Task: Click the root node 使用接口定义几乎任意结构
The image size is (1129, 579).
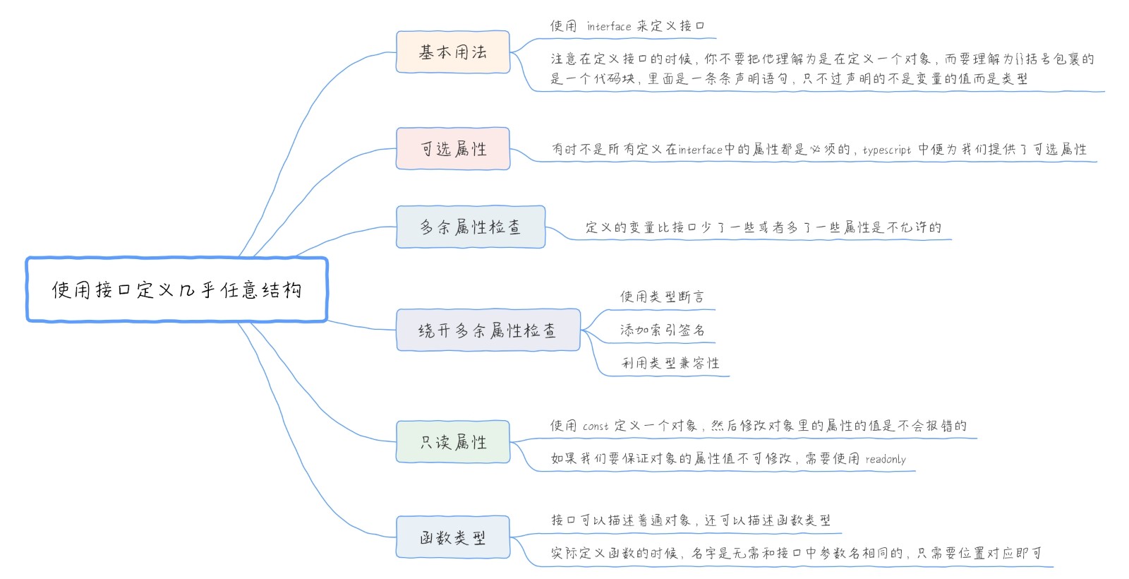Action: [176, 289]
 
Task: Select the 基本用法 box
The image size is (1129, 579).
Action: [452, 52]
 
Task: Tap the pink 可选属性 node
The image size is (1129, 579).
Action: [452, 148]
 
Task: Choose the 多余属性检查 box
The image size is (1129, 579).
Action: [470, 227]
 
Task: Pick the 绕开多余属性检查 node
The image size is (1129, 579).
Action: [488, 330]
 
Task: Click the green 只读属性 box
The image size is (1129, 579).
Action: [452, 442]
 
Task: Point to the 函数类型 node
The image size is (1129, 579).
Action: [452, 538]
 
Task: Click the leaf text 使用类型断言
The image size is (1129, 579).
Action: [661, 297]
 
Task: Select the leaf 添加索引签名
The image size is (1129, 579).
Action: [662, 330]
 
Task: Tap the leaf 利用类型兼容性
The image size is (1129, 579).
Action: [670, 363]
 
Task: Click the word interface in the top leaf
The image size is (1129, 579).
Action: [609, 27]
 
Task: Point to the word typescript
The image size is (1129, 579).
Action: [887, 150]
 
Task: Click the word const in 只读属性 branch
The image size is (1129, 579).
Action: [596, 426]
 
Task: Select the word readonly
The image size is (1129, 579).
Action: [886, 460]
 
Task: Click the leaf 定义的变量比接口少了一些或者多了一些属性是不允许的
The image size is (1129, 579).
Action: [763, 227]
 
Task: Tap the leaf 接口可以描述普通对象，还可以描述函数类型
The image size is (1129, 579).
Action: [690, 520]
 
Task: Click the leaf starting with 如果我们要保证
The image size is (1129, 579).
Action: [727, 459]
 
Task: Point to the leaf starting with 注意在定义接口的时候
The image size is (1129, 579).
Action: [822, 68]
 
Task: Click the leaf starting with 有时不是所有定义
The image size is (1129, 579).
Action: [819, 149]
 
